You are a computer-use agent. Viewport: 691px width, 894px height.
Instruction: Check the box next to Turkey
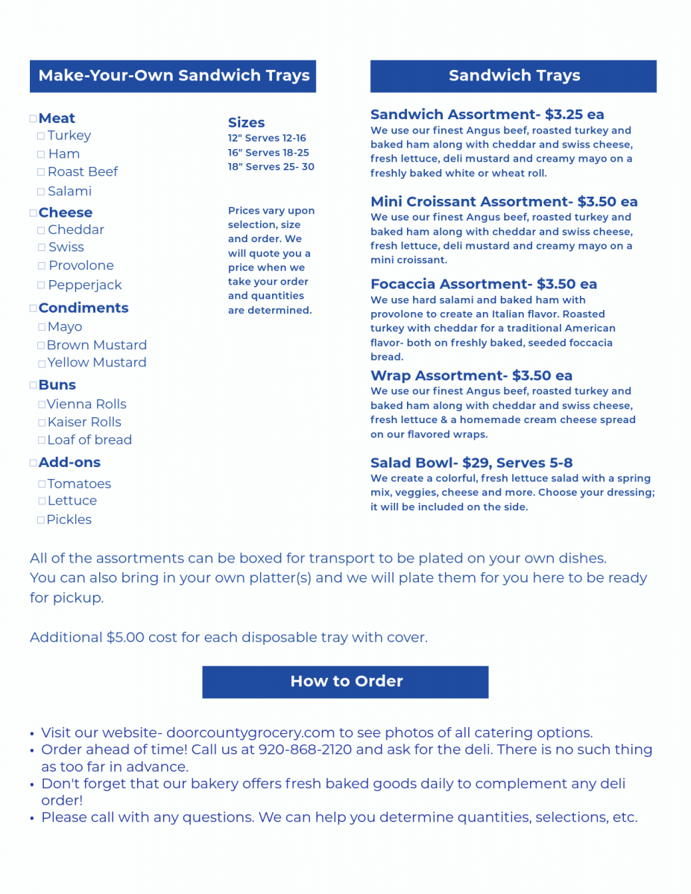41,136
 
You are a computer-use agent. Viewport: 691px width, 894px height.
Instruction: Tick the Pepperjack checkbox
42,285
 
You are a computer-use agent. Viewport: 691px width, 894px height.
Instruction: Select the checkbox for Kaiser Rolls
42,422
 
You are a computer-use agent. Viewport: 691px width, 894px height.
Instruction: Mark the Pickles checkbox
41,520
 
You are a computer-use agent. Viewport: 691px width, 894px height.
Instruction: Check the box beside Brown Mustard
42,346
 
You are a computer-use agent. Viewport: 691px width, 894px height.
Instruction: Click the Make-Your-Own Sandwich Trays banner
173,76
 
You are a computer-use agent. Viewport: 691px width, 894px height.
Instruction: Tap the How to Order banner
345,682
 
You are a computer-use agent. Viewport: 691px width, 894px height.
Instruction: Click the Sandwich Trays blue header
514,76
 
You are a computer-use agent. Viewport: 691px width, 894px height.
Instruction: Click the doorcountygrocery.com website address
250,732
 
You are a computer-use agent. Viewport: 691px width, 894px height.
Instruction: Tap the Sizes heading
246,123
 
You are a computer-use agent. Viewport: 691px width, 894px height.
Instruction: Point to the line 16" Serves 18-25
268,153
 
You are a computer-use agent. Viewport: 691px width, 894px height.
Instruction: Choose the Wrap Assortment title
438,375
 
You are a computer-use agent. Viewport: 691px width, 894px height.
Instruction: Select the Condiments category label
83,308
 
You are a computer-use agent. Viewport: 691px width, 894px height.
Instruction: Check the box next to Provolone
42,266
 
